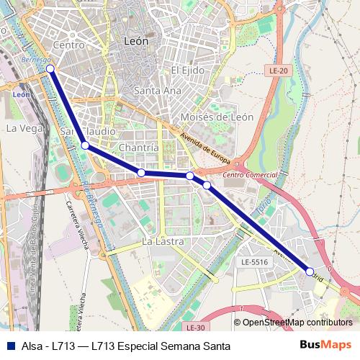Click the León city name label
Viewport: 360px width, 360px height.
136,42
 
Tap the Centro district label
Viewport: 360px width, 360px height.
69,45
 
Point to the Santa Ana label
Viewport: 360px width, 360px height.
158,91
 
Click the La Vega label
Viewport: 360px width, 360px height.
21,127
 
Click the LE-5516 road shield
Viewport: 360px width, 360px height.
255,263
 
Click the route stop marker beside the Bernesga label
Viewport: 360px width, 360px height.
50,68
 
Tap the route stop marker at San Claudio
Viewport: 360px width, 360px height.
85,145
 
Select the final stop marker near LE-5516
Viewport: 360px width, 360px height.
310,271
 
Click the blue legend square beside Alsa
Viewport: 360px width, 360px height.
9,346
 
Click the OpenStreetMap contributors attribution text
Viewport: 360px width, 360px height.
297,323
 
